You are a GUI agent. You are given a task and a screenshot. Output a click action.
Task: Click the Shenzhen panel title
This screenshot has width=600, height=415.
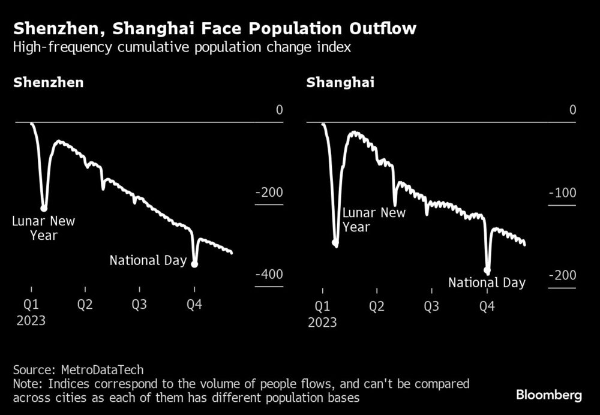[49, 83]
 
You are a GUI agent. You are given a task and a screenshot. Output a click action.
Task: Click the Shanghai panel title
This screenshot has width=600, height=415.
[340, 83]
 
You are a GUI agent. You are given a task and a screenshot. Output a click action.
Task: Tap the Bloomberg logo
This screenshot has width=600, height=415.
[548, 395]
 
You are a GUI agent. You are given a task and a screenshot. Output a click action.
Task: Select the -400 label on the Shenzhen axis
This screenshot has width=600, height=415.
[268, 275]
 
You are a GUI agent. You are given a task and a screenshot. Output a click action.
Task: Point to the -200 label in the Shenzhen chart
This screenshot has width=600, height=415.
[268, 193]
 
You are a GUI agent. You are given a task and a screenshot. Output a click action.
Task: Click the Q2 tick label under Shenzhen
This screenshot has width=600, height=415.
[85, 305]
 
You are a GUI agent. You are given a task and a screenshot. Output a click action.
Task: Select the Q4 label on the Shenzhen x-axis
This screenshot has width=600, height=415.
[194, 305]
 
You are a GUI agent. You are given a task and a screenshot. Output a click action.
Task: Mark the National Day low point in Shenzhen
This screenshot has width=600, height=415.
[194, 264]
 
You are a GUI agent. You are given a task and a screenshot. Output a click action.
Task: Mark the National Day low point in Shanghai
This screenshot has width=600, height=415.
[487, 271]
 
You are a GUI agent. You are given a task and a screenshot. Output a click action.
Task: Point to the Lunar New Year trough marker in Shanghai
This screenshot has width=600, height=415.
[335, 243]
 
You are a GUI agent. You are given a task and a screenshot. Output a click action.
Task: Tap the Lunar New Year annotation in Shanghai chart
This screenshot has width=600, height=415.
[374, 220]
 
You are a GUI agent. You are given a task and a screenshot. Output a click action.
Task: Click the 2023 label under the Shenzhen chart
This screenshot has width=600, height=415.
[31, 320]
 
